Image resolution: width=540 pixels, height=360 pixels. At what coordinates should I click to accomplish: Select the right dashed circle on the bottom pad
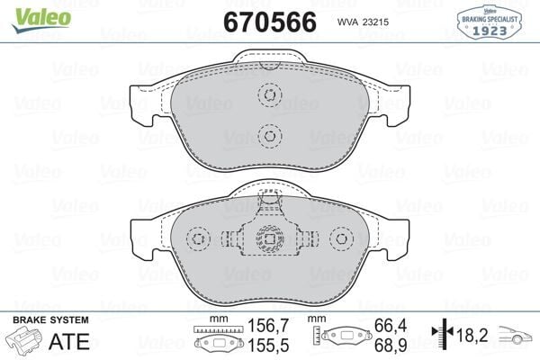pyautogui.click(x=341, y=238)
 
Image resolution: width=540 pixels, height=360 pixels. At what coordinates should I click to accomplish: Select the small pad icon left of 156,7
pyautogui.click(x=216, y=343)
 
